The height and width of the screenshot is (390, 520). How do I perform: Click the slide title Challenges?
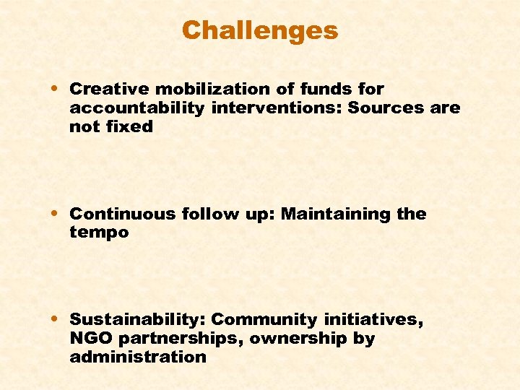(x=259, y=30)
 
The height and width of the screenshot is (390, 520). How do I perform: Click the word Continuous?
(x=122, y=214)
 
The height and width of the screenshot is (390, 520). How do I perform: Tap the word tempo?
(x=99, y=233)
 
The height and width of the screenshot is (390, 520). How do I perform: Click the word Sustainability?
(x=137, y=319)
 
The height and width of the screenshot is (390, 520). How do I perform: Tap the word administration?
(x=138, y=357)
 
